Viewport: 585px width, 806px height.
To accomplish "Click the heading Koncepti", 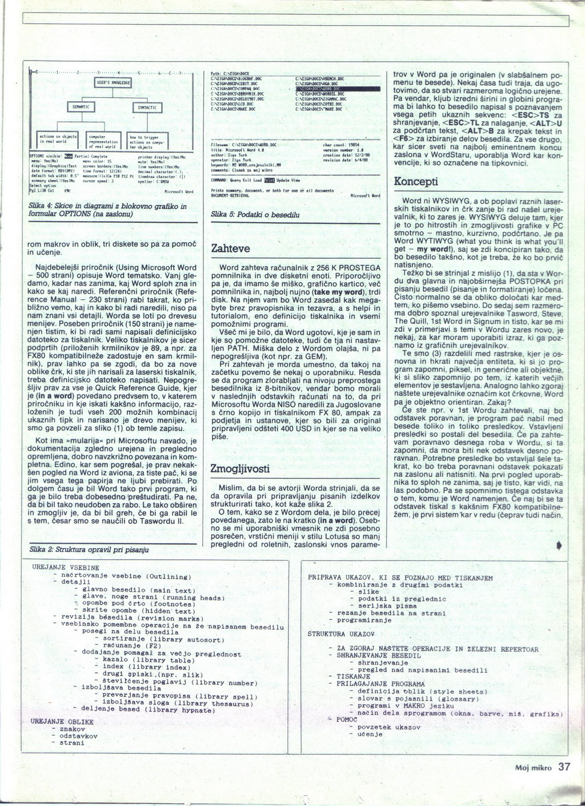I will click(x=416, y=182).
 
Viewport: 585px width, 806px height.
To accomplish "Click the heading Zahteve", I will click(x=231, y=248).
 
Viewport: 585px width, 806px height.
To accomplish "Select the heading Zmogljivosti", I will click(x=239, y=468).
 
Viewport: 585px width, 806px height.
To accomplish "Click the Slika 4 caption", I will click(x=107, y=210).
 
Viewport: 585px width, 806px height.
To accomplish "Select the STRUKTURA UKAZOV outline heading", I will click(x=340, y=634).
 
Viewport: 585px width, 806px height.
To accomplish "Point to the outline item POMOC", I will click(x=347, y=720).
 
